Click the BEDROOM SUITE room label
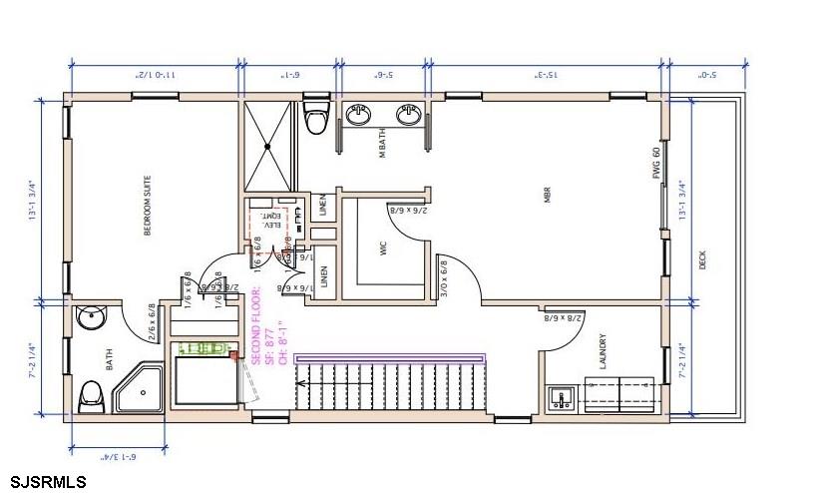(148, 207)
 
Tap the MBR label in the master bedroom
(548, 195)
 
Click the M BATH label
(382, 143)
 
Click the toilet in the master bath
(318, 117)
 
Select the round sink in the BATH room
(92, 319)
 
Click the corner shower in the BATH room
(139, 390)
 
